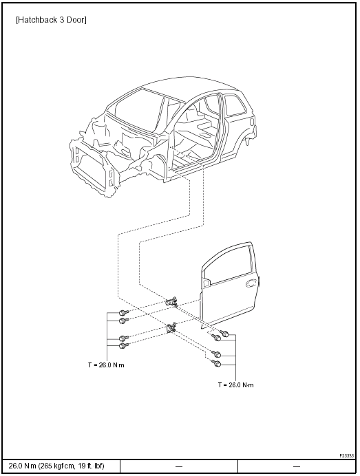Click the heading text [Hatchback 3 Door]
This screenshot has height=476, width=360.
pyautogui.click(x=51, y=20)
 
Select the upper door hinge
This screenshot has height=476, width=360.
pyautogui.click(x=171, y=302)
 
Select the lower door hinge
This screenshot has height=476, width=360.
pyautogui.click(x=171, y=328)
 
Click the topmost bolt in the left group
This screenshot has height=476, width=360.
pyautogui.click(x=123, y=312)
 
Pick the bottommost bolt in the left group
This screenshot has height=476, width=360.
pyautogui.click(x=123, y=345)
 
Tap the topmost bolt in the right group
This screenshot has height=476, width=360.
pyautogui.click(x=225, y=334)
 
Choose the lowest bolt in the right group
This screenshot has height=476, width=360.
pyautogui.click(x=217, y=363)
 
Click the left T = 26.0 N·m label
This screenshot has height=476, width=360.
pyautogui.click(x=106, y=365)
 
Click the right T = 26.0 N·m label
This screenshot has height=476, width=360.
pyautogui.click(x=235, y=385)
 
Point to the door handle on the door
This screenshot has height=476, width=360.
pyautogui.click(x=251, y=283)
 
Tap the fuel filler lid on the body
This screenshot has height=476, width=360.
pyautogui.click(x=251, y=121)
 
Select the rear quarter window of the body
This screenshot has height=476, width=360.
pyautogui.click(x=235, y=105)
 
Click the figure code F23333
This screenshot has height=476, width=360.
pyautogui.click(x=347, y=455)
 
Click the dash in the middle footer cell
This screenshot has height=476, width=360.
pyautogui.click(x=179, y=466)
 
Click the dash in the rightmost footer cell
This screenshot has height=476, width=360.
pyautogui.click(x=297, y=466)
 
